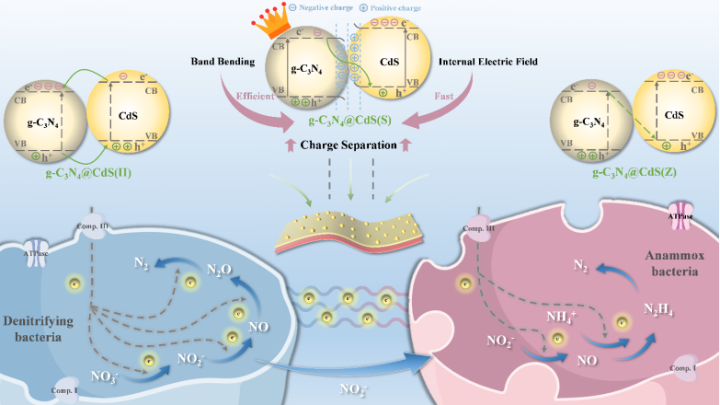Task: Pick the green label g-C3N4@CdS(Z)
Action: pos(634,172)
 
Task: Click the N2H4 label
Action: pos(634,311)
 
